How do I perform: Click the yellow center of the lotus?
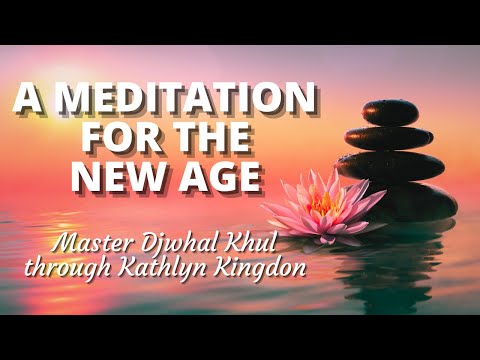[321, 203]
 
